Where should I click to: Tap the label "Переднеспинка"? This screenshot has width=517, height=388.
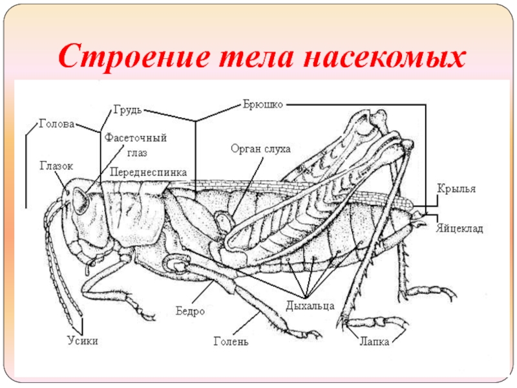tap(148, 172)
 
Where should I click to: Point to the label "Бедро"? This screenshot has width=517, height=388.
tap(190, 311)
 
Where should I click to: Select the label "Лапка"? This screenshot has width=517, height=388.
tap(374, 341)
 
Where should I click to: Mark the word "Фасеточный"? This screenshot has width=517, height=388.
tap(136, 138)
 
